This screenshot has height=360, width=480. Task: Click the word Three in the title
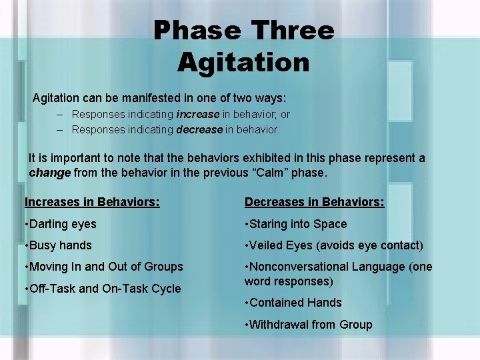tap(291, 31)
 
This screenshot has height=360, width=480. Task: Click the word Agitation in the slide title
tap(243, 63)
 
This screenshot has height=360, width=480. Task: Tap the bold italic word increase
tap(199, 115)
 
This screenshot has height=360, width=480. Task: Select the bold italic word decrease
tap(199, 129)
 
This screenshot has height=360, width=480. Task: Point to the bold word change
tap(49, 173)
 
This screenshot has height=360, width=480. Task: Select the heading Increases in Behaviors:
tap(92, 202)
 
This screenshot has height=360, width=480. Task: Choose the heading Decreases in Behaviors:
tap(314, 202)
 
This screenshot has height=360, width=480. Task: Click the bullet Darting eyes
tap(61, 224)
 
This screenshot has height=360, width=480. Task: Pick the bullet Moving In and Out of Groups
tap(103, 267)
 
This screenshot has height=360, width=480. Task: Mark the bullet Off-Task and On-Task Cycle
tap(103, 289)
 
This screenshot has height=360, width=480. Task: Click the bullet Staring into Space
tap(296, 224)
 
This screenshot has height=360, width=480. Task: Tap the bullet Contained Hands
tap(293, 303)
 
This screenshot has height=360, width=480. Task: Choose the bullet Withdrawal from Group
tap(309, 325)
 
